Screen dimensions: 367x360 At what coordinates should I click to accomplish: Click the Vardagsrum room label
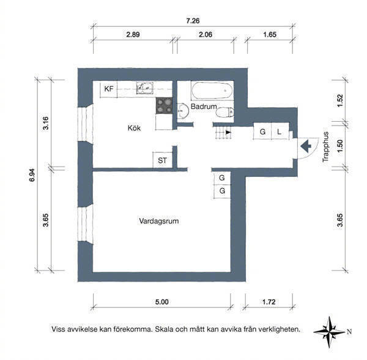[x=158, y=221]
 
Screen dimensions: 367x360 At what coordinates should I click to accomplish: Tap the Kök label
[x=134, y=128]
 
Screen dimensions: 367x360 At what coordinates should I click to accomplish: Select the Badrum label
[x=204, y=107]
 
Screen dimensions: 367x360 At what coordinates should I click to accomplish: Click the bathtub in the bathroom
[x=212, y=91]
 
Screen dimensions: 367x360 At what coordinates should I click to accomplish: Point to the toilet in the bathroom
[x=224, y=113]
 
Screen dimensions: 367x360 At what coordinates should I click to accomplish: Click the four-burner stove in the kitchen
[x=164, y=106]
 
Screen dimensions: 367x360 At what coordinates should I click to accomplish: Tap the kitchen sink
[x=144, y=88]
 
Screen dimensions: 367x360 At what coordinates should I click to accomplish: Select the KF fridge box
[x=109, y=89]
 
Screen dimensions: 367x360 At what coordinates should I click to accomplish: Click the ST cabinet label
[x=162, y=160]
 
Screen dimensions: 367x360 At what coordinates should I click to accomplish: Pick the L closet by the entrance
[x=280, y=132]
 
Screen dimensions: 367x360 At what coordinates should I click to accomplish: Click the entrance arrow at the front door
[x=306, y=146]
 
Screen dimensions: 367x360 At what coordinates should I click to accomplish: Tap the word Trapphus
[x=325, y=147]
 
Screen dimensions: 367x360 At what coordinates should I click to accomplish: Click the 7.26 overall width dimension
[x=193, y=21]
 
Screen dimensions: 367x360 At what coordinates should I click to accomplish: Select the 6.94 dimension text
[x=32, y=175]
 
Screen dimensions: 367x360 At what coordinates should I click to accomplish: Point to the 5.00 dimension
[x=161, y=302]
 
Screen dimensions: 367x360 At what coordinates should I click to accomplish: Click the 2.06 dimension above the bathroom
[x=206, y=34]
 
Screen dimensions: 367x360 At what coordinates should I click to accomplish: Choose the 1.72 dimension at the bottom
[x=269, y=302]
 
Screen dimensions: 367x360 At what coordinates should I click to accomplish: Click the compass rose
[x=329, y=332]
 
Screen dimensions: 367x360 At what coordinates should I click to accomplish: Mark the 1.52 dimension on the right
[x=340, y=100]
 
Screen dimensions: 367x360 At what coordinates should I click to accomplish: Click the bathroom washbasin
[x=183, y=111]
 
